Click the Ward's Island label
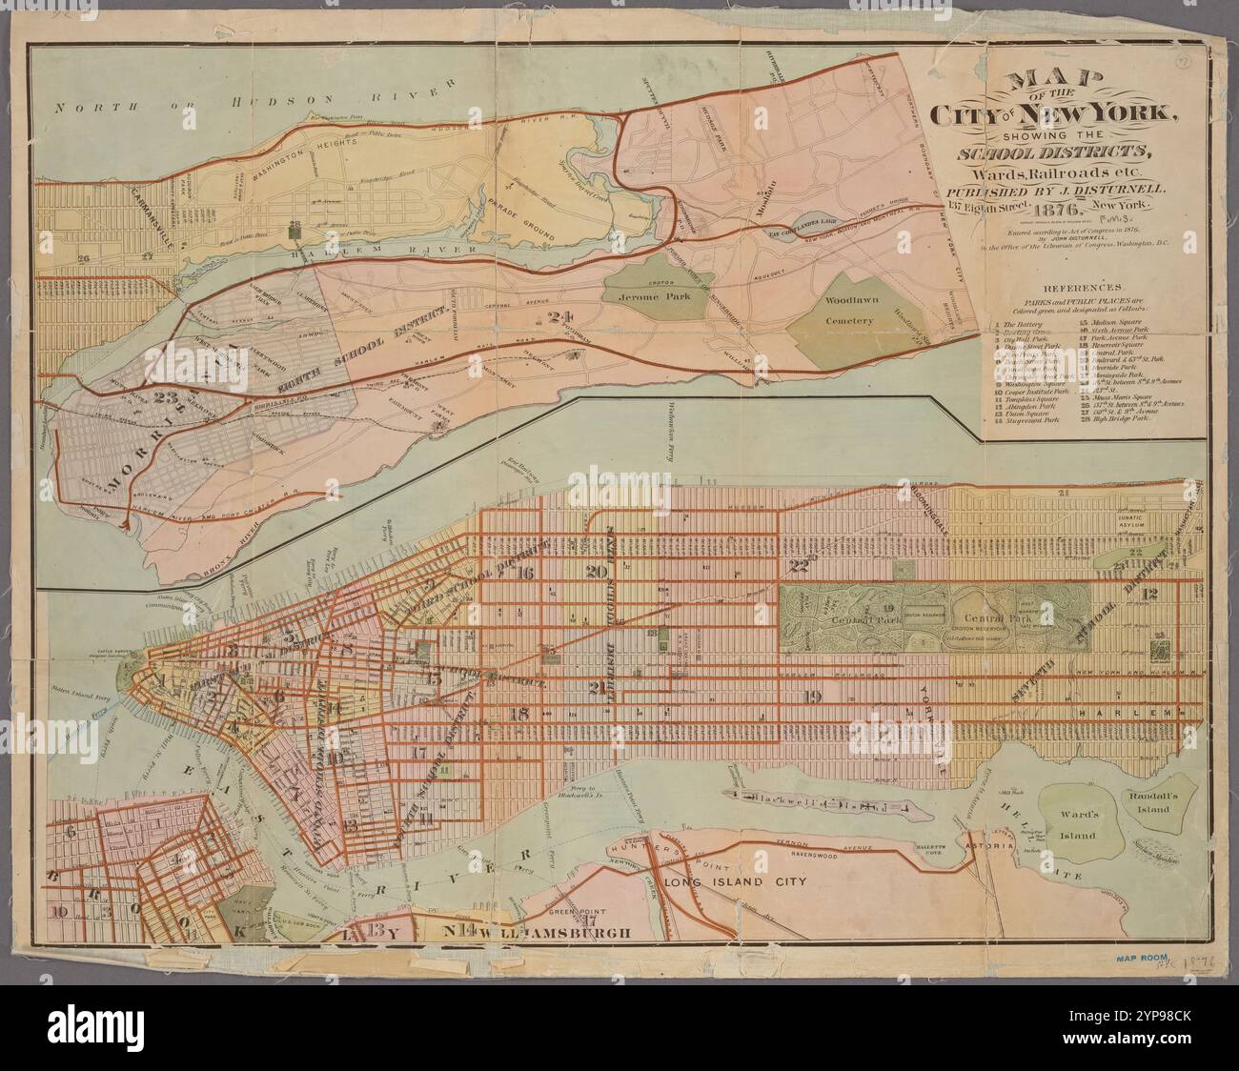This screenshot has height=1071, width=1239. point(1078,827)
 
